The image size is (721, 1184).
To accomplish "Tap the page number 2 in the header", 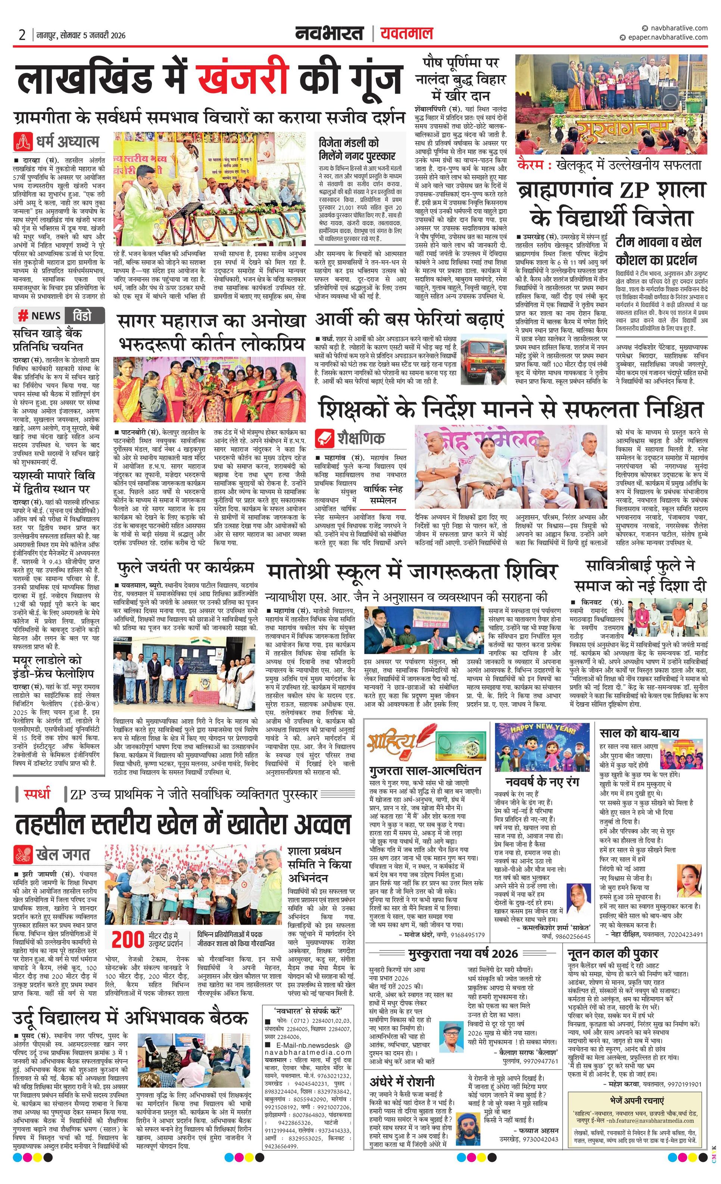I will (22, 35).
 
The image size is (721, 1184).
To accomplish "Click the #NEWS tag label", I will (40, 316).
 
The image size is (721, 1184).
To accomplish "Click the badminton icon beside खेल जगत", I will (24, 855).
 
